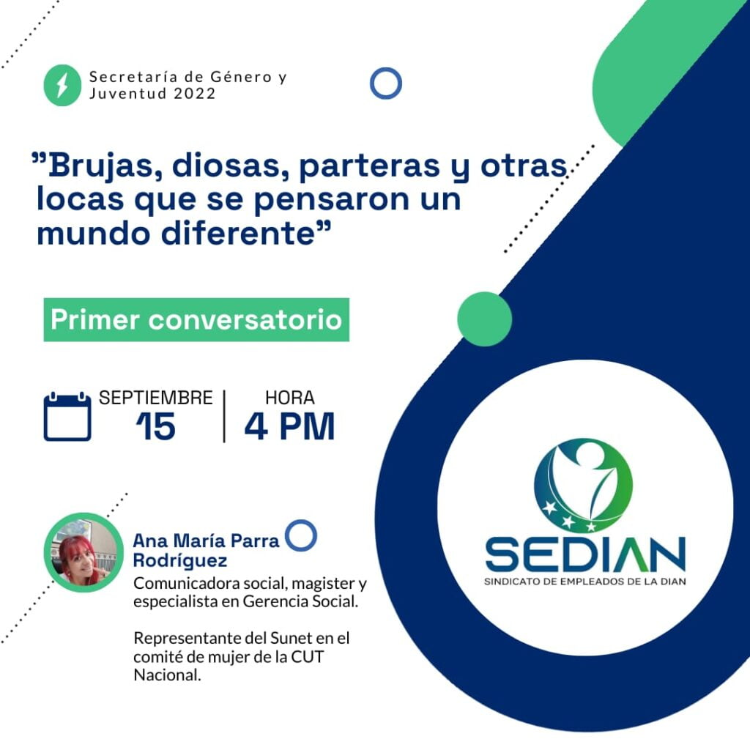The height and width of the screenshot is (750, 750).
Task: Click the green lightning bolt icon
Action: point(62,85)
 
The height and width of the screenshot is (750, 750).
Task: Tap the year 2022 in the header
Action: point(195,93)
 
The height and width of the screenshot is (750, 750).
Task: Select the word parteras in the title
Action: point(369,166)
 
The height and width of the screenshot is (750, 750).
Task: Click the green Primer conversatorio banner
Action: point(196,319)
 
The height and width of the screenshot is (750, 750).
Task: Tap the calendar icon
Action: point(67,416)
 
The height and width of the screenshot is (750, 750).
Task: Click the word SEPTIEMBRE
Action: point(155,398)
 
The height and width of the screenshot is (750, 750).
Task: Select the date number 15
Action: point(156,426)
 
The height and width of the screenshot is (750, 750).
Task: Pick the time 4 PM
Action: point(289,426)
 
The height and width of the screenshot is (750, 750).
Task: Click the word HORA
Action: point(290,398)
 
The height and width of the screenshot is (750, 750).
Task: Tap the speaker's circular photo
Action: point(83,552)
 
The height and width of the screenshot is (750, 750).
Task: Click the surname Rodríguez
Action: point(180,560)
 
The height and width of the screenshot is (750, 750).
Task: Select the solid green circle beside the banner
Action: point(485,319)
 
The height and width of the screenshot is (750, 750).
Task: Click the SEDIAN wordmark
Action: point(585,555)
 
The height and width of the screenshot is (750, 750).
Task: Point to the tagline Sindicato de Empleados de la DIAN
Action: point(585,582)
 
